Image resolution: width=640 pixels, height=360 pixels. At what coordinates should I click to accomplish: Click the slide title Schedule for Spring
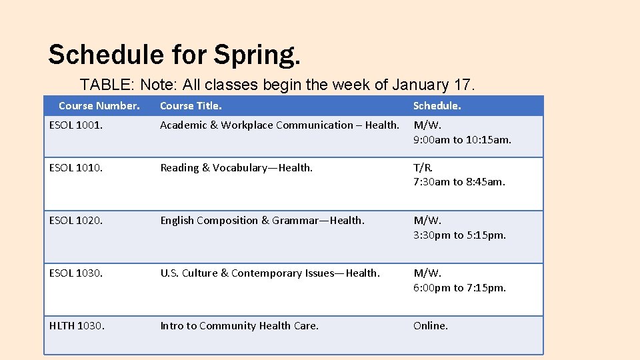[x=174, y=55]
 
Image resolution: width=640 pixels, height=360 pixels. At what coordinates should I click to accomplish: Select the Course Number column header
[x=99, y=106]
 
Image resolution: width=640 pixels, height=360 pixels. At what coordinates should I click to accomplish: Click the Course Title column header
[x=191, y=106]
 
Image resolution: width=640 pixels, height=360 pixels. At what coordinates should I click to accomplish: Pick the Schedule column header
[x=437, y=106]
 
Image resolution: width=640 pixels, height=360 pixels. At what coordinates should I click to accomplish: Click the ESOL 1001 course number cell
[x=76, y=125]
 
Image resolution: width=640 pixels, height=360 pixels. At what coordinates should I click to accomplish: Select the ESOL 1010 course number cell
[x=76, y=168]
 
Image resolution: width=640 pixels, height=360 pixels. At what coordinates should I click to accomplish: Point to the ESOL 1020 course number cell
[x=76, y=221]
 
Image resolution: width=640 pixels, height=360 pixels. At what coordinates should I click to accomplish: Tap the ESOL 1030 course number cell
[x=76, y=273]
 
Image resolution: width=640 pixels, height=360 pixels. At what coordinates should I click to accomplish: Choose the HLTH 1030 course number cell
[x=77, y=326]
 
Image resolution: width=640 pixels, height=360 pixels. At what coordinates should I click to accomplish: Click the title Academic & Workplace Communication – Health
[x=279, y=125]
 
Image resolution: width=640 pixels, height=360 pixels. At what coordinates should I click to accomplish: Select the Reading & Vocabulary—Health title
[x=236, y=168]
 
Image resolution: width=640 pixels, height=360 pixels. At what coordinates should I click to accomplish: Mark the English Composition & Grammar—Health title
[x=262, y=221]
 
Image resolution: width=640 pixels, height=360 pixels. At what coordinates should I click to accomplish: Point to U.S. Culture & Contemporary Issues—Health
[x=270, y=273]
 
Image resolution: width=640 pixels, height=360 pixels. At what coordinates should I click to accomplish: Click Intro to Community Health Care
[x=239, y=326]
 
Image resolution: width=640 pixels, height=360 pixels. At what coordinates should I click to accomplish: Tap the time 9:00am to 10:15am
[x=462, y=139]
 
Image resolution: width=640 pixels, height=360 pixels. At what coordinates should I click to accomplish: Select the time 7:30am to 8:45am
[x=459, y=182]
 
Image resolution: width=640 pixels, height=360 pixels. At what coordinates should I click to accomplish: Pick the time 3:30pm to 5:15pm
[x=459, y=235]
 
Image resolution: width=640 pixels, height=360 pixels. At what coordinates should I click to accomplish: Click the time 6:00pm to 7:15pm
[x=459, y=288]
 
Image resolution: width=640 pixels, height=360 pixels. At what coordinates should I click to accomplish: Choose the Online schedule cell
[x=431, y=326]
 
